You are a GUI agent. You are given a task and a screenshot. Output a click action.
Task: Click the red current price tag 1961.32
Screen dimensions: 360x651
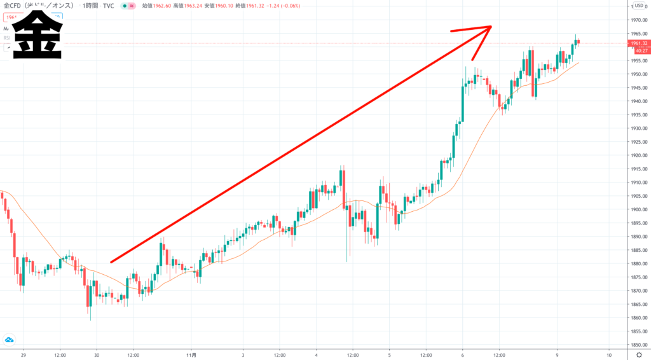638,43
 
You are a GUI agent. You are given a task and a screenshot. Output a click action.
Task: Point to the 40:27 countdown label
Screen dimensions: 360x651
638,50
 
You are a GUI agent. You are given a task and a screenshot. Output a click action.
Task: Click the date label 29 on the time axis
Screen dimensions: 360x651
23,354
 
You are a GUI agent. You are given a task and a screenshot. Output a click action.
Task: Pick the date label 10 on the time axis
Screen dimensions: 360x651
609,354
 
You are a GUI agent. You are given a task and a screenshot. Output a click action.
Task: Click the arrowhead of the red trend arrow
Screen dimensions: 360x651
487,29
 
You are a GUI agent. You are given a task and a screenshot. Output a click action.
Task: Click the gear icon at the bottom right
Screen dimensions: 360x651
638,354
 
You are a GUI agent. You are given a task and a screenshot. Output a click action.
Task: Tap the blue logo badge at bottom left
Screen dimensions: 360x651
9,339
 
